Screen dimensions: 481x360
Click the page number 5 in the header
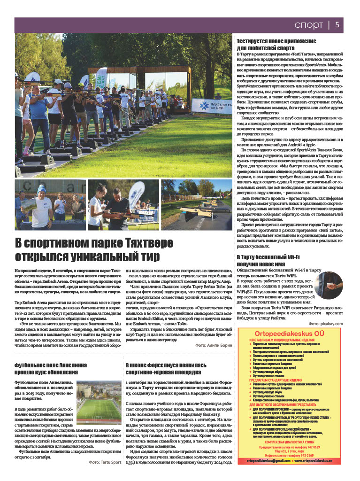[337, 24]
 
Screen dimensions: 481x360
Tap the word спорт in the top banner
[308, 24]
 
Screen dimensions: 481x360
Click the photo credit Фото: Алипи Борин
[214, 345]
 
